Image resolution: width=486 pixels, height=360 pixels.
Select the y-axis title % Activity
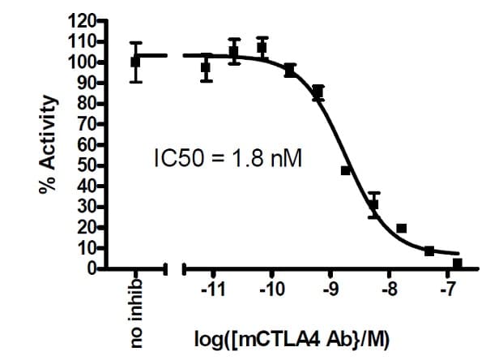coord(49,145)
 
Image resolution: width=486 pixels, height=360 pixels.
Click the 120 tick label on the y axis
coord(83,20)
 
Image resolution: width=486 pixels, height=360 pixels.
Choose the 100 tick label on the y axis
coord(83,62)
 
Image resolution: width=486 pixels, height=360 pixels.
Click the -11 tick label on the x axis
coord(214,289)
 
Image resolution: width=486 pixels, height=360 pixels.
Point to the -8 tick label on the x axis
coord(389,289)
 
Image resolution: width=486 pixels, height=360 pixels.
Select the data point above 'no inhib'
coord(135,62)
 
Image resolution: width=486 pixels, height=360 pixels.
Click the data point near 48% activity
coord(346,170)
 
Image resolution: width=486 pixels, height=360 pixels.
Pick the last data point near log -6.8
coord(458,264)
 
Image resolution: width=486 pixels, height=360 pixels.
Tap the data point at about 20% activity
coord(402,229)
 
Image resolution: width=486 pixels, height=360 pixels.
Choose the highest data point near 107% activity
coord(262,47)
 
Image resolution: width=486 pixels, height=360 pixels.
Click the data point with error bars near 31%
coord(373,204)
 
